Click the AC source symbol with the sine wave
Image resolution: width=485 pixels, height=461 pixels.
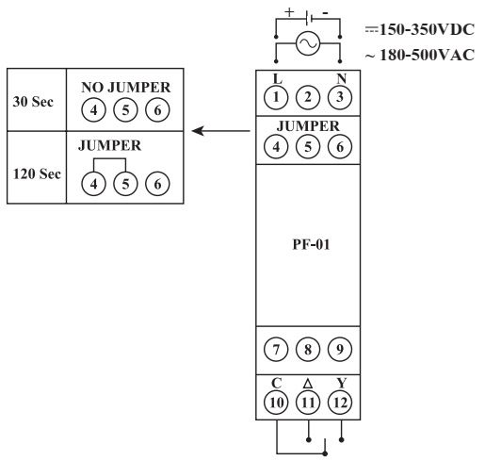tap(308, 43)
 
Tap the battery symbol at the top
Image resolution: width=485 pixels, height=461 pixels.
tap(308, 18)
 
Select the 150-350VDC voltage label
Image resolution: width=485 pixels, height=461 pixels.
tap(420, 30)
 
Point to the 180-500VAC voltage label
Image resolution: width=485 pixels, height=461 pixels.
tap(420, 55)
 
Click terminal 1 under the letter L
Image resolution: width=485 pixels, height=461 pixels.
tap(276, 97)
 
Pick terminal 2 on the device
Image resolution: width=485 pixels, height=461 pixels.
tap(308, 97)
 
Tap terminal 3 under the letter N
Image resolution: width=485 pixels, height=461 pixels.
tap(340, 97)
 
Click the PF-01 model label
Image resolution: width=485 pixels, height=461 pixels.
tap(311, 244)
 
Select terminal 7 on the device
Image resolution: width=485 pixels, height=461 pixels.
tap(276, 350)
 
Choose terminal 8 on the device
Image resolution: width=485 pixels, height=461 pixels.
tap(308, 350)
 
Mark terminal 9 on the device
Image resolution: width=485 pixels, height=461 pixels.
tap(340, 350)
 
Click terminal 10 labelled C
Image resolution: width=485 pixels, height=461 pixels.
tap(276, 403)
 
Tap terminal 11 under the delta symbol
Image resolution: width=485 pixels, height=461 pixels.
tap(308, 403)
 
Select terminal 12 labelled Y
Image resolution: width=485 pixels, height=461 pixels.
tap(340, 403)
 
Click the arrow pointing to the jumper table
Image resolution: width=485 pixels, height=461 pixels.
tap(220, 131)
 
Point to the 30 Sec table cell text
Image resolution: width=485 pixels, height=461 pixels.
tap(33, 102)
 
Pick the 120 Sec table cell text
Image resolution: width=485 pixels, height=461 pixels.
tap(37, 173)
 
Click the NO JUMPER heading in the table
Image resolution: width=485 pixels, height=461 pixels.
tap(126, 88)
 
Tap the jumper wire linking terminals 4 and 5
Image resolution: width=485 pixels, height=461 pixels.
tap(109, 158)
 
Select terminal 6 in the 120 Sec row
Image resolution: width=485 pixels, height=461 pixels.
tap(157, 184)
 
